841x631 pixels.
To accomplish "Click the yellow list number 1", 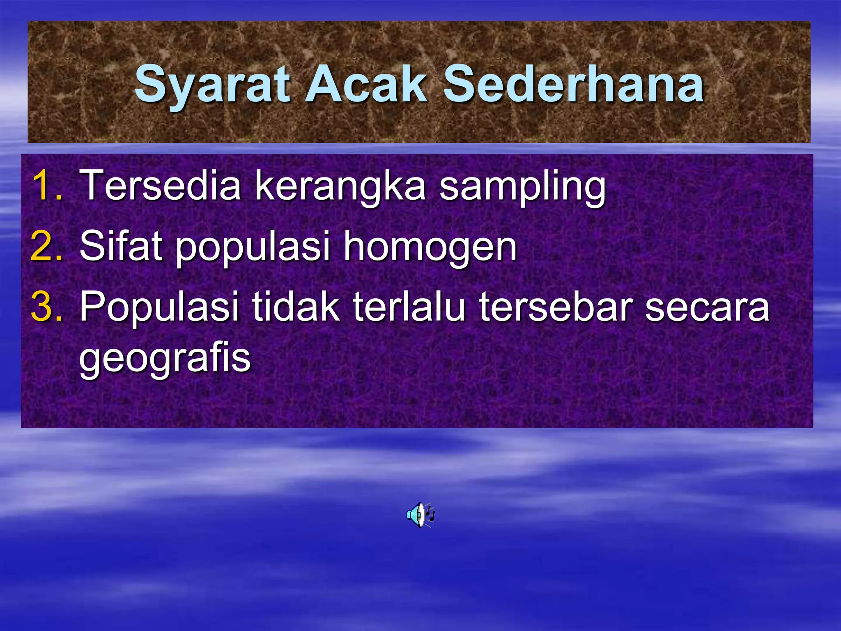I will point(48,185).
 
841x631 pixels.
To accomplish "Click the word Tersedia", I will point(161,185).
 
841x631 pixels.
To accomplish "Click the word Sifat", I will point(121,246).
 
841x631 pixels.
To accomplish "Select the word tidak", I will point(296,306).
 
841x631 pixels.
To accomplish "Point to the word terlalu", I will point(409,306).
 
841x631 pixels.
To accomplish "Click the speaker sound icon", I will point(420,514).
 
